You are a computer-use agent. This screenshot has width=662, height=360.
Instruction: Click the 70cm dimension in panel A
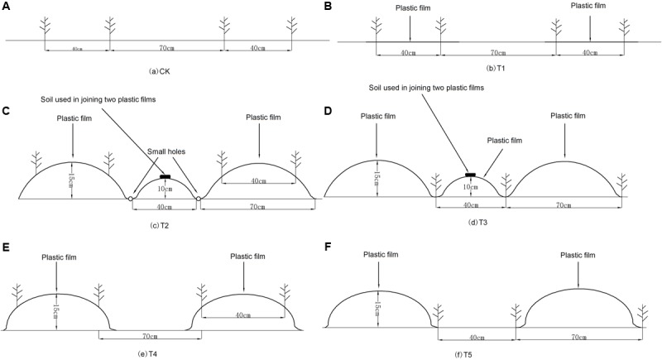click(x=165, y=48)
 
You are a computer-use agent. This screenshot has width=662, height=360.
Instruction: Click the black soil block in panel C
click(x=165, y=176)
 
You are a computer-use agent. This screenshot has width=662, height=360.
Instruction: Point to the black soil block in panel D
click(x=470, y=175)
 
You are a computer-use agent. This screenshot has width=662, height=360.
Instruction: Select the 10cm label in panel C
click(x=165, y=188)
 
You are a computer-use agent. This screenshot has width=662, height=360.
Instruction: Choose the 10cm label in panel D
click(x=469, y=187)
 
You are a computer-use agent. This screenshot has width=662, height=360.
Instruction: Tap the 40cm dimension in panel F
click(x=475, y=338)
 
